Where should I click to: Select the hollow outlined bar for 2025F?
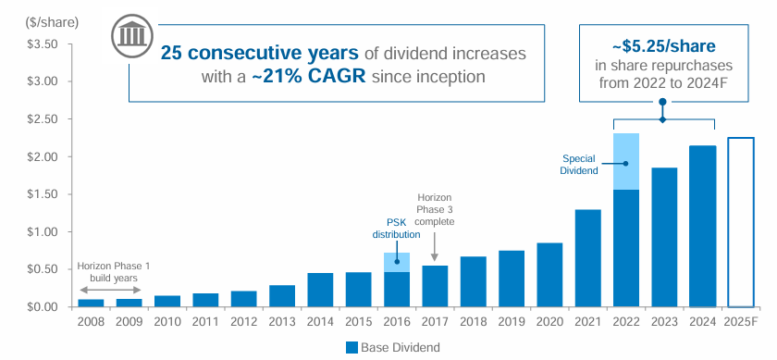(741, 222)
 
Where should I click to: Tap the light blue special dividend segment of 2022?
(626, 161)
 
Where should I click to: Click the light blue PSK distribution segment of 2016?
(397, 262)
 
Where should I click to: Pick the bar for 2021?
(588, 258)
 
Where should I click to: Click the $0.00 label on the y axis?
(40, 307)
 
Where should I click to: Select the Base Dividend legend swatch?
(351, 348)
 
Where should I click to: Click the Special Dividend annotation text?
(580, 164)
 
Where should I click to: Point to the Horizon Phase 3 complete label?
(434, 209)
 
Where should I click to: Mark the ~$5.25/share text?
(662, 44)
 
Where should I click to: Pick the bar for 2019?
(512, 279)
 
